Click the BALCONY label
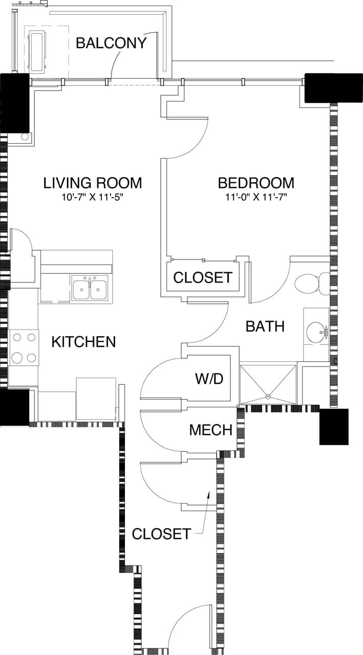[x=111, y=43]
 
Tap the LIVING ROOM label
[x=92, y=183]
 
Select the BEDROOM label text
[x=256, y=183]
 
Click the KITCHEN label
[x=83, y=342]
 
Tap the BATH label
[x=265, y=326]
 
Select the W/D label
[x=209, y=379]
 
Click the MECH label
[x=210, y=430]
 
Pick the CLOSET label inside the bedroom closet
[x=203, y=277]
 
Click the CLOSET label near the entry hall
[x=161, y=534]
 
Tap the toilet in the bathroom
[x=312, y=284]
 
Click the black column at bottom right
[x=334, y=426]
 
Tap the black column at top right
[x=326, y=88]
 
